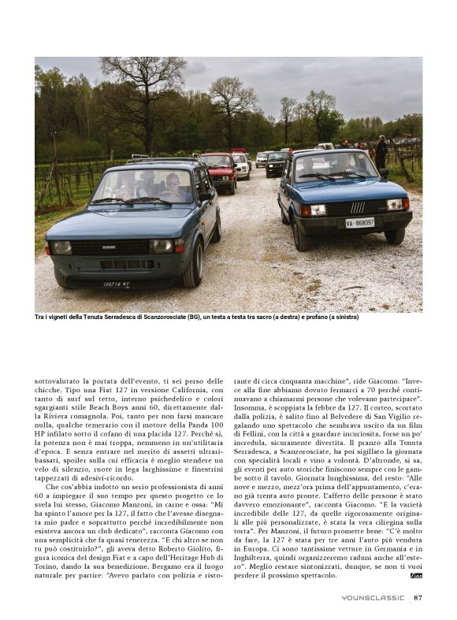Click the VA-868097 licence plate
click(359, 223)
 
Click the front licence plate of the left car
click(115, 284)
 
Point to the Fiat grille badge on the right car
click(357, 208)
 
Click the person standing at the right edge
click(381, 153)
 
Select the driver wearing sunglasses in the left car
click(173, 184)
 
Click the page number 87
click(418, 597)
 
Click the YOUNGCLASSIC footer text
click(373, 597)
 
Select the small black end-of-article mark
click(417, 576)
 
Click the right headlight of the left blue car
click(163, 246)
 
